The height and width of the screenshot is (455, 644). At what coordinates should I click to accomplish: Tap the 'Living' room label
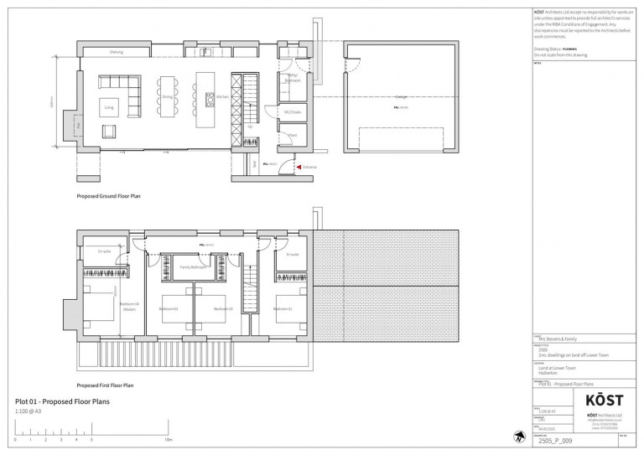click(108, 107)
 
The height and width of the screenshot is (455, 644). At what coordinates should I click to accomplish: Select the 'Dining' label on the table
click(167, 97)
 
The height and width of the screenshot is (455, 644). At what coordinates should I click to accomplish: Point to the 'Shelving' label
click(117, 52)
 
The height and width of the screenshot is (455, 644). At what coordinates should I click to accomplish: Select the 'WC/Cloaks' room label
click(293, 112)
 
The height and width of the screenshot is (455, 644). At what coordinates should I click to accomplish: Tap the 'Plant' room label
click(292, 135)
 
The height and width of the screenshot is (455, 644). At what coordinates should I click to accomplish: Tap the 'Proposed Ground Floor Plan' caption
click(108, 195)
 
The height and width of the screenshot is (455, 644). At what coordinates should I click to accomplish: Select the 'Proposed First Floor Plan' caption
click(105, 385)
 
